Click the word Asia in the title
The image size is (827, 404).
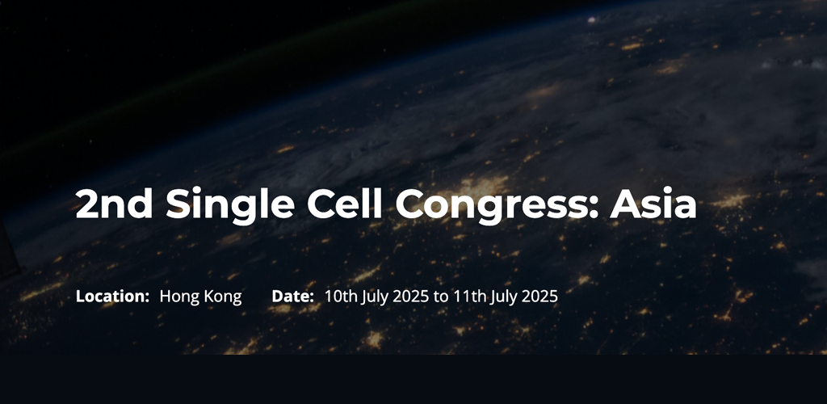(x=653, y=204)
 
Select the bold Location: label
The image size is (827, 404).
(x=112, y=297)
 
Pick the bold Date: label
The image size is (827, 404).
(x=292, y=297)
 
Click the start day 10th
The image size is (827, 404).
(x=338, y=297)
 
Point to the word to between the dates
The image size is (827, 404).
(x=440, y=297)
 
